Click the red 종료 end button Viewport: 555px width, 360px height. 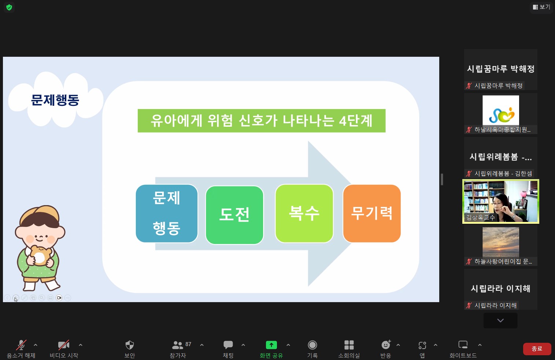click(537, 349)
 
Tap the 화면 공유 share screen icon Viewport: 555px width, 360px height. click(271, 345)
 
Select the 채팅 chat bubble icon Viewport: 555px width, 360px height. click(228, 345)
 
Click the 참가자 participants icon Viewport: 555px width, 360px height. click(177, 345)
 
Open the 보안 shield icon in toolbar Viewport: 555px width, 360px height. click(130, 345)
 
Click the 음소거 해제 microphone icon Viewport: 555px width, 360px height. click(21, 345)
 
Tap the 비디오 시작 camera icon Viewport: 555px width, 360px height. click(64, 345)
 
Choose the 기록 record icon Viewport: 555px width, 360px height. click(312, 345)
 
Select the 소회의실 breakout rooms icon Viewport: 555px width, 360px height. click(349, 345)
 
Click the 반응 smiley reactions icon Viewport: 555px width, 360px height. click(386, 345)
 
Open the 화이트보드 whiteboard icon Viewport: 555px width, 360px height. click(463, 345)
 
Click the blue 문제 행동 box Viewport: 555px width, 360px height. click(167, 213)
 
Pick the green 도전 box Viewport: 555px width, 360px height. click(234, 215)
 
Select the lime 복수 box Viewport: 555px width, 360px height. click(304, 213)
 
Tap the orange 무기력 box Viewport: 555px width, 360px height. click(372, 213)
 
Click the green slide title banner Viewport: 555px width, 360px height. click(262, 120)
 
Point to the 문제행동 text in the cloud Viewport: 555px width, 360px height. click(55, 100)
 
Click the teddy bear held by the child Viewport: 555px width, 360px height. click(40, 255)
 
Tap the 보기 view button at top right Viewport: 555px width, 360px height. click(541, 7)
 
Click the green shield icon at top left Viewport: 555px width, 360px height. click(9, 7)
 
